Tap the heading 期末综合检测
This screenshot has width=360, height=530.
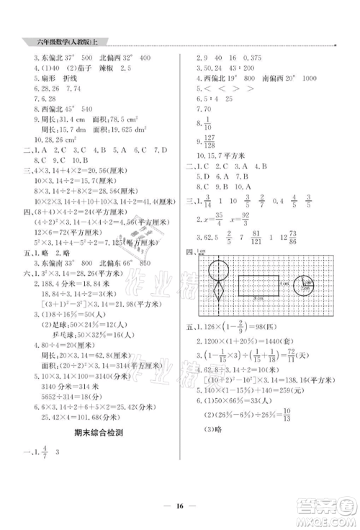click(99, 432)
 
